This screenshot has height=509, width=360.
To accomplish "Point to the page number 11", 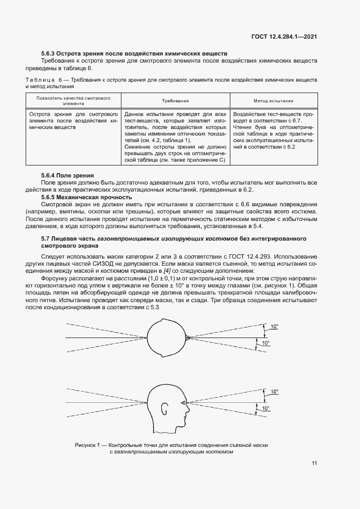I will (314, 463).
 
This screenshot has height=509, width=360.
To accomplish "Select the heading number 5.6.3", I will (51, 54).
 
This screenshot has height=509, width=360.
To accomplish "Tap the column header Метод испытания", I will (273, 101).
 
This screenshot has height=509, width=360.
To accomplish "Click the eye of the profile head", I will (181, 403).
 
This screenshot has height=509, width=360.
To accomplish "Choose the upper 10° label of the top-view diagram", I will (274, 327).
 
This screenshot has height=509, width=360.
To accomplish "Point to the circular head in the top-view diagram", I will (166, 338).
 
